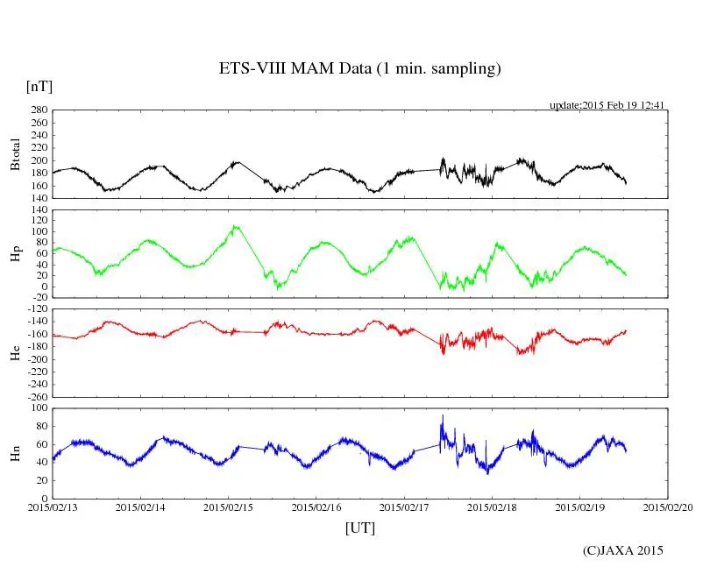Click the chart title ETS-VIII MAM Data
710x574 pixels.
(359, 69)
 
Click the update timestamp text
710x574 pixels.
(607, 105)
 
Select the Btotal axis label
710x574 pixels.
(16, 154)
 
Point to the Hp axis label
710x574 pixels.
(16, 253)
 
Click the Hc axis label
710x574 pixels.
(16, 351)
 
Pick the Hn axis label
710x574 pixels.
(16, 453)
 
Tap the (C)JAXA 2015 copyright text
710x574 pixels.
(623, 550)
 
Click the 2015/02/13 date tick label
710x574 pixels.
(53, 507)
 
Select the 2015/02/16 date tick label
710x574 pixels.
(316, 507)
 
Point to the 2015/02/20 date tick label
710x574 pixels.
(668, 507)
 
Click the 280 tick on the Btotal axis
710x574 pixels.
(39, 110)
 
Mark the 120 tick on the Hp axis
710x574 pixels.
(39, 209)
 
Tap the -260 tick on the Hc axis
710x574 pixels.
(37, 396)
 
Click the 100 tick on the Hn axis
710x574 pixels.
(39, 407)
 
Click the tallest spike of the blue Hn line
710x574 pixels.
(443, 416)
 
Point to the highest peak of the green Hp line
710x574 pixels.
(235, 226)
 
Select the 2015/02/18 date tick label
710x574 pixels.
(492, 507)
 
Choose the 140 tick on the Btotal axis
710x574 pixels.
(39, 198)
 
